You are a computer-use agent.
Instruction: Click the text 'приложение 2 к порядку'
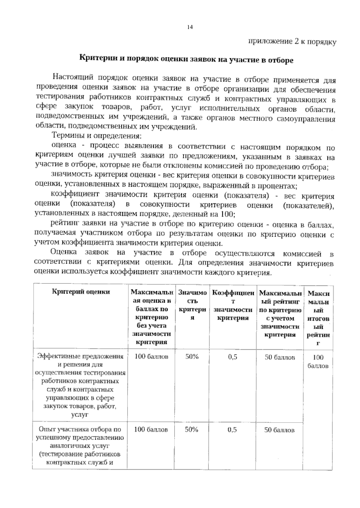292,42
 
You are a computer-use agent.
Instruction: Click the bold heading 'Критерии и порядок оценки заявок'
186,60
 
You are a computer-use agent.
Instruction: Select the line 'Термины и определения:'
96,136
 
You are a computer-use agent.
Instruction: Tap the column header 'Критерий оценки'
81,292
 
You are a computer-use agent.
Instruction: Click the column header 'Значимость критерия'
192,305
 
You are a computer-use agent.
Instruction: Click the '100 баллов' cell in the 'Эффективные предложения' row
151,357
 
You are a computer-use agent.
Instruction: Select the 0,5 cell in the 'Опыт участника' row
232,430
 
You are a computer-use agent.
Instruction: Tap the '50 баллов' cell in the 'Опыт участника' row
279,430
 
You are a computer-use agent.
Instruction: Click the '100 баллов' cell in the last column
318,361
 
